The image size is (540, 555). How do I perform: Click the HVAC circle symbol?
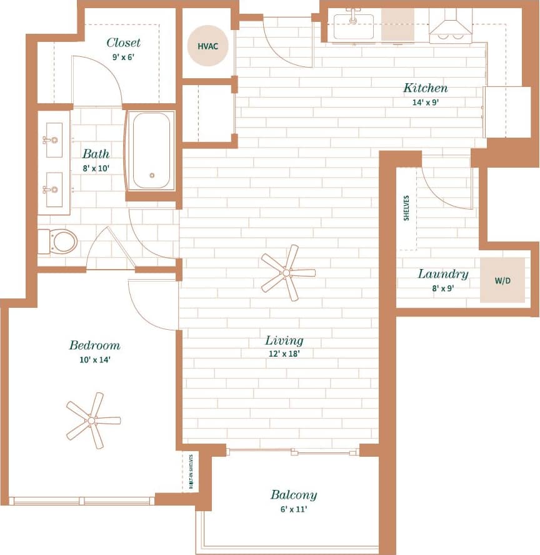click(x=208, y=46)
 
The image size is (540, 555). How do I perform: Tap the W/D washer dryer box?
click(x=502, y=280)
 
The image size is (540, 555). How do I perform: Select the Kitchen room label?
click(x=425, y=88)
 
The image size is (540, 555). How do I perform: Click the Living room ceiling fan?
click(x=287, y=272)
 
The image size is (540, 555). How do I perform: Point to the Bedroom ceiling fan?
click(x=92, y=420)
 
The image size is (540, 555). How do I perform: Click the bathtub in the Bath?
click(x=151, y=151)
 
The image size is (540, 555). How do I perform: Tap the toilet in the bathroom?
click(x=59, y=241)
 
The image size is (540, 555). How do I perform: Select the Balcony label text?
click(x=293, y=495)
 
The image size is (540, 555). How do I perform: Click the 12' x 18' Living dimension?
click(x=284, y=354)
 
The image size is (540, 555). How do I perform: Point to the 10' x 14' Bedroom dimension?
click(x=94, y=359)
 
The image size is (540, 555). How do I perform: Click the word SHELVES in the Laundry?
click(x=406, y=208)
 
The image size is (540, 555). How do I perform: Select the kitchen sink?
click(x=353, y=26)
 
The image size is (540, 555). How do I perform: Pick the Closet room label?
click(x=123, y=43)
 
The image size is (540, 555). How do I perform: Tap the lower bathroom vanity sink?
click(x=54, y=189)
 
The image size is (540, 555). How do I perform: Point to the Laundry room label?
click(x=442, y=274)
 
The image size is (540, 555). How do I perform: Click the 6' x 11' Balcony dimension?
click(x=293, y=509)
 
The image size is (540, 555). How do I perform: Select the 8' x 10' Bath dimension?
click(x=96, y=168)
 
